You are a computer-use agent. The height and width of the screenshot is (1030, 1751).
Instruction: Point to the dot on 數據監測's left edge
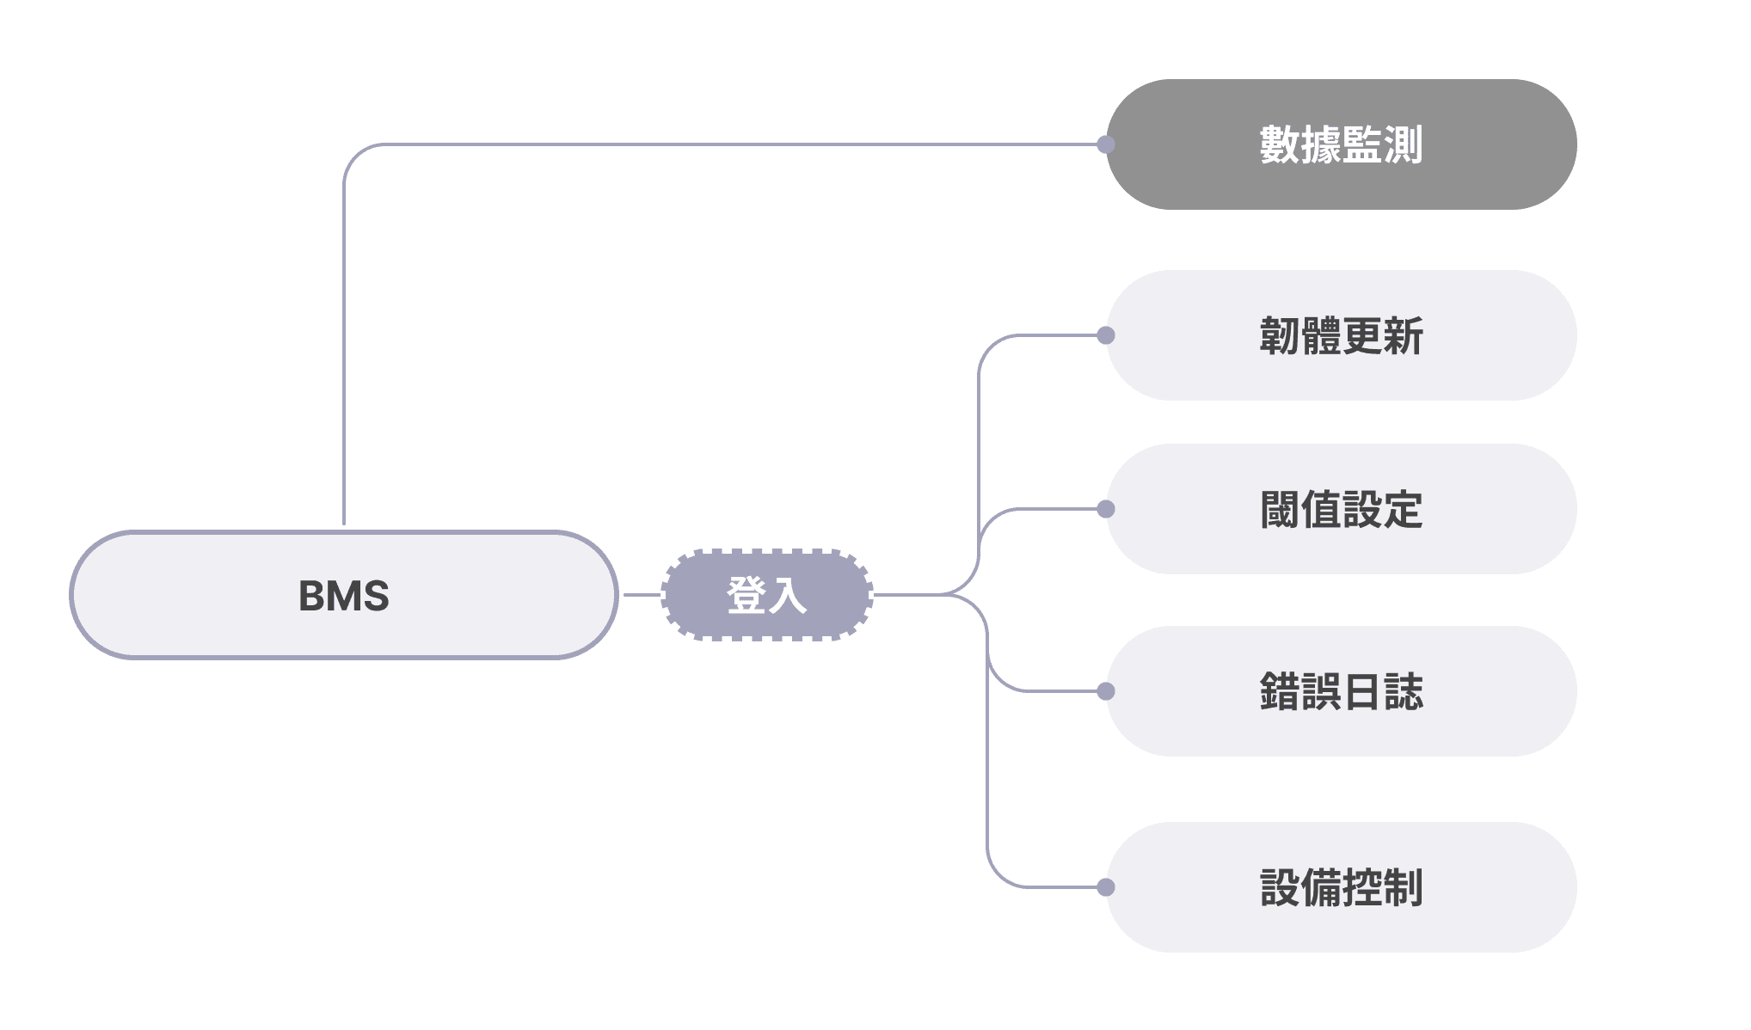pos(1106,144)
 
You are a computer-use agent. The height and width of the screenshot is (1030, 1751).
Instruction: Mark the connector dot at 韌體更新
pos(1106,335)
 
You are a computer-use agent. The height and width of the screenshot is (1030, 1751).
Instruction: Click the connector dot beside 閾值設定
pos(1106,509)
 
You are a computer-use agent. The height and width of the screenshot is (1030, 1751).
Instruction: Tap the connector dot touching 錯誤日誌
pos(1106,691)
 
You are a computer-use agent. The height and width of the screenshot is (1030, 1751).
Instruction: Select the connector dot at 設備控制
pos(1106,887)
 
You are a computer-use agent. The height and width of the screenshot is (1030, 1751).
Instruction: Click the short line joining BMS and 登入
pos(641,595)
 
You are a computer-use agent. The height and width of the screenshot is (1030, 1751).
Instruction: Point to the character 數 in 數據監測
pos(1280,144)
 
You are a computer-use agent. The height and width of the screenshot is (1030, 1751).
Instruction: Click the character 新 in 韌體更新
pos(1404,335)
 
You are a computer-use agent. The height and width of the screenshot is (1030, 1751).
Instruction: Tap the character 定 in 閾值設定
pos(1404,509)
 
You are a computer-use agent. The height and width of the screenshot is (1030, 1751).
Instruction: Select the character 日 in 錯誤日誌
pos(1362,691)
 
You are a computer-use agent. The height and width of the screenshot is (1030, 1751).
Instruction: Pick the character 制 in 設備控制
pos(1404,887)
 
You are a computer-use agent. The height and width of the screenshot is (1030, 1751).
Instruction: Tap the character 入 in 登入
pos(787,595)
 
